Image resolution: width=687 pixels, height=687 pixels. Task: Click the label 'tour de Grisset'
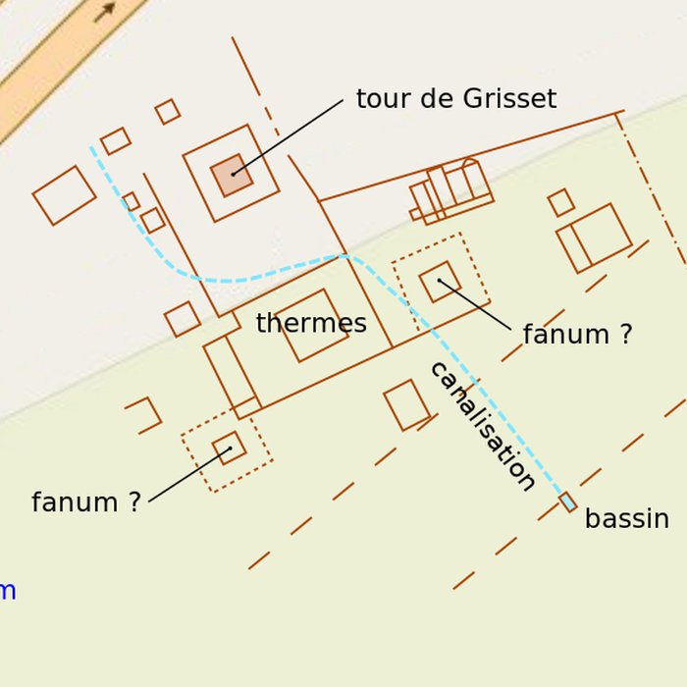455,99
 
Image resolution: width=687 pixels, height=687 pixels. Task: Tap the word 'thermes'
311,324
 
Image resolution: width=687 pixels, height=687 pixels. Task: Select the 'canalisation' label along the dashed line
482,426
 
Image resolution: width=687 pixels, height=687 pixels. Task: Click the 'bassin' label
626,519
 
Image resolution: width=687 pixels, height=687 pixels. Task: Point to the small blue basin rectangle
567,502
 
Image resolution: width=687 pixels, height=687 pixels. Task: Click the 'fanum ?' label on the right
577,335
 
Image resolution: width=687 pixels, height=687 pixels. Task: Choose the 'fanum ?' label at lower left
86,502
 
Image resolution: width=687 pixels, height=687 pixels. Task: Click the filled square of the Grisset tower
232,175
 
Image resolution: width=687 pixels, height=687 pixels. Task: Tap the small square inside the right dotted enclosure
440,282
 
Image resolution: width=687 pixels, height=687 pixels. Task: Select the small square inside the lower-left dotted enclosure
229,449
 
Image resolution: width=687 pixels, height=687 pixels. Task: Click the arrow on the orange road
104,11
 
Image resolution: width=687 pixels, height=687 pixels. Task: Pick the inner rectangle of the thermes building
312,325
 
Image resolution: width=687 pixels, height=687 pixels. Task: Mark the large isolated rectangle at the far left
64,194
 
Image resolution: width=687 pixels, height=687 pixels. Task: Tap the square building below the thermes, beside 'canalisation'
406,404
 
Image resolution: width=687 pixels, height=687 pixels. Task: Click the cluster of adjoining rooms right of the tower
451,192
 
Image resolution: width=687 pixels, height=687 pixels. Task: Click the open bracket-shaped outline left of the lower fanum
145,414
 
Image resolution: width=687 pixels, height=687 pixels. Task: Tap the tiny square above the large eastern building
560,202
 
